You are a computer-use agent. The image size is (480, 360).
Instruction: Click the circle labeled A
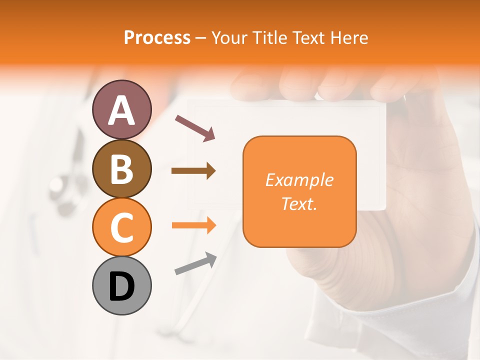tap(121, 109)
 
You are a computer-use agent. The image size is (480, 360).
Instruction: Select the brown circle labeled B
tap(121, 168)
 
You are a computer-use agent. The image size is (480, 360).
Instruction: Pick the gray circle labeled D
tap(121, 285)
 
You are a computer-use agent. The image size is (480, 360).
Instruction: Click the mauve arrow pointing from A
tap(195, 127)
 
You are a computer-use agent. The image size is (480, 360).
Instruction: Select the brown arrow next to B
tap(193, 171)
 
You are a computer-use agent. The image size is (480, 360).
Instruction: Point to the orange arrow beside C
tap(193, 225)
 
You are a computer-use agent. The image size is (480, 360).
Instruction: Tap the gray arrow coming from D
tap(195, 263)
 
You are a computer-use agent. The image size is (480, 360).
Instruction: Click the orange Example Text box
tap(299, 191)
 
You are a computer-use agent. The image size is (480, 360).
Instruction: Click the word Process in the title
tap(157, 37)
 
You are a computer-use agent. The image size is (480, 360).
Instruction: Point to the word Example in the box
tap(299, 180)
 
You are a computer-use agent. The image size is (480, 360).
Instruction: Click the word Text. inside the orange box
tap(299, 204)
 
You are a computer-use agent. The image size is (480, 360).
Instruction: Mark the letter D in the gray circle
tap(121, 286)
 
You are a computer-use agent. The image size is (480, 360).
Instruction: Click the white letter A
tap(121, 110)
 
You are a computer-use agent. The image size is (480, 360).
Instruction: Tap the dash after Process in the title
tap(201, 38)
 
